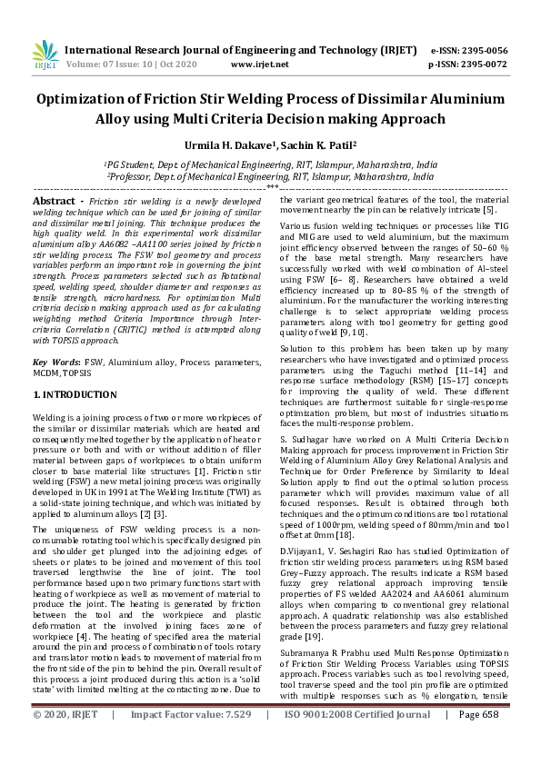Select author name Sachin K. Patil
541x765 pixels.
point(316,144)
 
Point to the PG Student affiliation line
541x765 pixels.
point(270,165)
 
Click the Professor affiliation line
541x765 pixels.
point(270,178)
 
